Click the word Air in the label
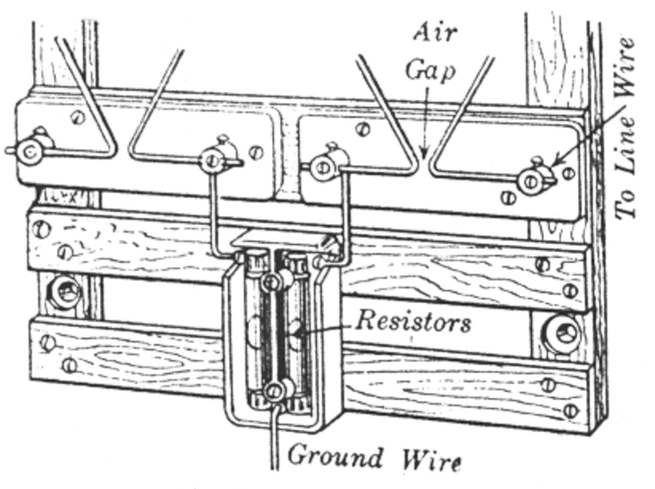click(435, 33)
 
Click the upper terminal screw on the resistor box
click(271, 282)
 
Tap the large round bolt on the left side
click(65, 292)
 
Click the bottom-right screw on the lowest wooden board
click(571, 409)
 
